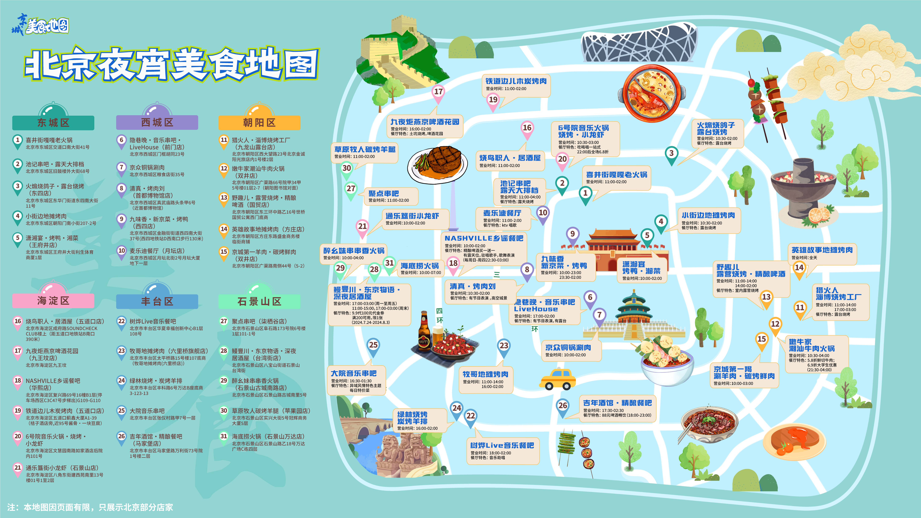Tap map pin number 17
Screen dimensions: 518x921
click(x=438, y=92)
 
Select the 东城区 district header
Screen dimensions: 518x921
click(x=53, y=123)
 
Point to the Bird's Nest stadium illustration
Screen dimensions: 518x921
click(x=639, y=42)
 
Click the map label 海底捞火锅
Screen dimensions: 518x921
click(x=420, y=266)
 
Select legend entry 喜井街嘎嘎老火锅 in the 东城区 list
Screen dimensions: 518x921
click(x=49, y=140)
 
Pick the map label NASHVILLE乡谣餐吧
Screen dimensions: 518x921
click(x=484, y=238)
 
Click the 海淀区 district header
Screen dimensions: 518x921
click(x=53, y=301)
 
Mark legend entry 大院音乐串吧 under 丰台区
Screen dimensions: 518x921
click(x=147, y=411)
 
